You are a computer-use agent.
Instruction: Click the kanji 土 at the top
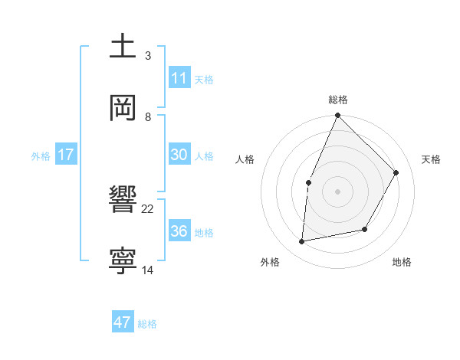[123, 46]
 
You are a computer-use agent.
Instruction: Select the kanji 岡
[123, 107]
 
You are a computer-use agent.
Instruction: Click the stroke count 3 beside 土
[148, 56]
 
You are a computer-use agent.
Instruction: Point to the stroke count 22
[148, 208]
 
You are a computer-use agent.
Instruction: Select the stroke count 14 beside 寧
[148, 270]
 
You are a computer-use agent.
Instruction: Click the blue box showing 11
[179, 78]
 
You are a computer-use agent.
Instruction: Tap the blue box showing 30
[179, 155]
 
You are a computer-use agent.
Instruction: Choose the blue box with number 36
[179, 231]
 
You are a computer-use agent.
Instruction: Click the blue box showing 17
[65, 155]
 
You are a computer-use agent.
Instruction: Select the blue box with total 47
[123, 322]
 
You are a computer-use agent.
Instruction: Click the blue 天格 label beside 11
[204, 79]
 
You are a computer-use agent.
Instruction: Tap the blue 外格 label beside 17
[41, 155]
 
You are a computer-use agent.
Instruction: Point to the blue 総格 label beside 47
[147, 323]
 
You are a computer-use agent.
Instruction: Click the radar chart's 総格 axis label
[338, 100]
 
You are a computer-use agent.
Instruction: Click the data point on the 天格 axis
[396, 172]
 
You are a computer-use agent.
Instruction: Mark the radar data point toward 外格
[302, 242]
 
